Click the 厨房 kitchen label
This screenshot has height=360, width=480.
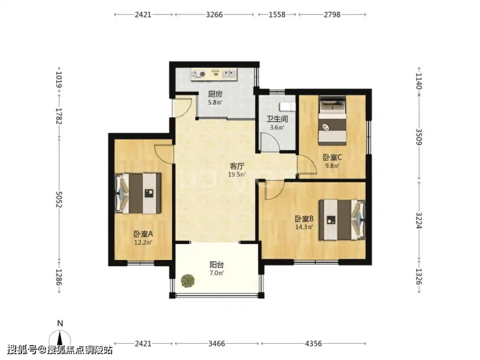coord(215,94)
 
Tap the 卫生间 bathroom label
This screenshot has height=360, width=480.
coord(277,119)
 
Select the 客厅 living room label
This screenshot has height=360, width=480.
coord(237,166)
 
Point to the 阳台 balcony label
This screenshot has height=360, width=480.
coord(217,265)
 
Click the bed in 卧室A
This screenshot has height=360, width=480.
coord(138,193)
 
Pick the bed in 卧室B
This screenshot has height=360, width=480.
coord(342,220)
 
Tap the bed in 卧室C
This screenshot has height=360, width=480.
coord(333,121)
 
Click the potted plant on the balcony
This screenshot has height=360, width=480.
coord(187,281)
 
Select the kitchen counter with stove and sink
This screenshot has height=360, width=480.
coord(214,75)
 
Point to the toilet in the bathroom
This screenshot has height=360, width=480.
coord(287,107)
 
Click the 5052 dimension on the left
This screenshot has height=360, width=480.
coord(59,199)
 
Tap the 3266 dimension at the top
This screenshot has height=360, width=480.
coord(214,14)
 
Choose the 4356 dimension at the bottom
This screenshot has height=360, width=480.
coord(313,344)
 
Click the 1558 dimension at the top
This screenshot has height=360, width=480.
coord(277,14)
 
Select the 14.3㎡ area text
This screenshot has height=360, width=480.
coord(304,227)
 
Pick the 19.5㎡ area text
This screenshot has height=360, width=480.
coord(237,174)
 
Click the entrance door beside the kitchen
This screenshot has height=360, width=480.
coord(182,107)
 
